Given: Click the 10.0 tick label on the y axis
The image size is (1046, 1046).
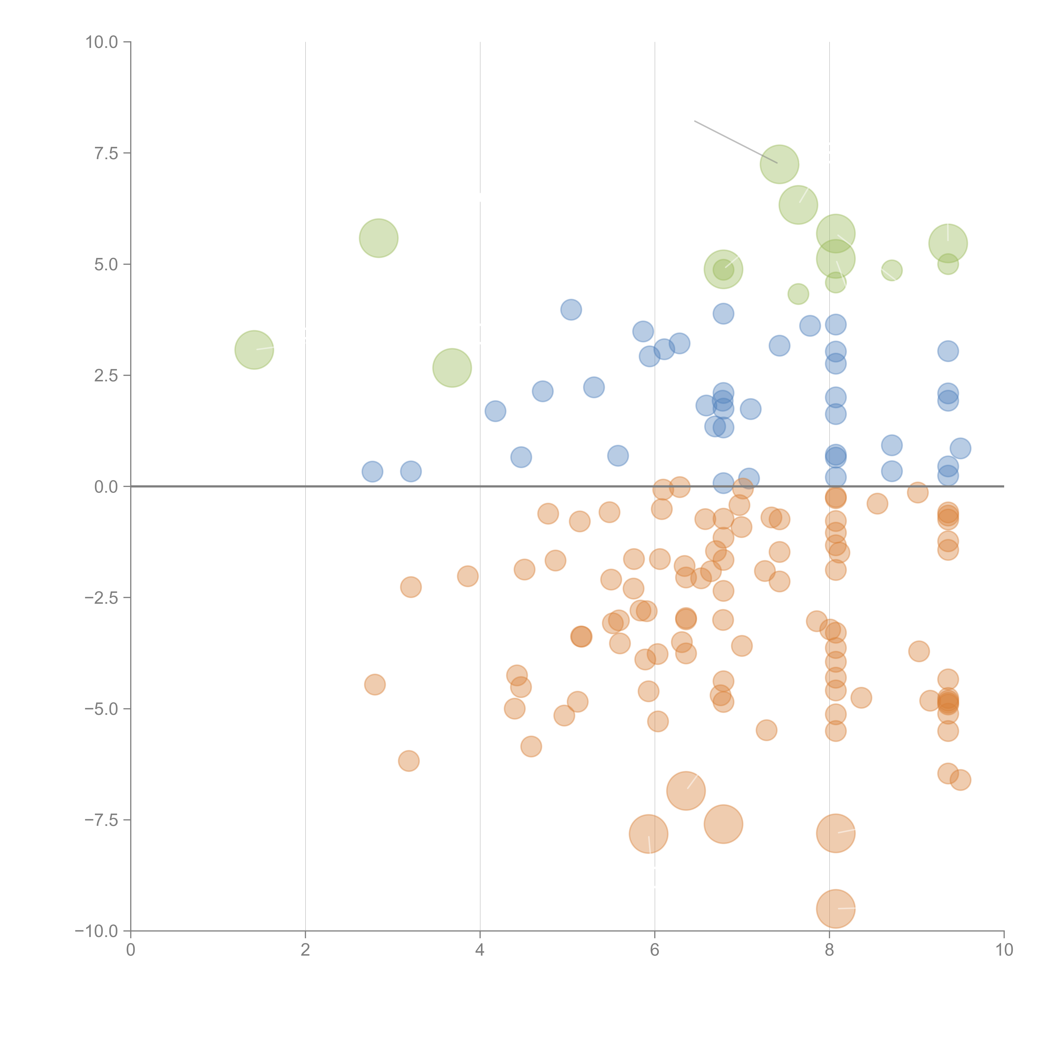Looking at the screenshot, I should tap(102, 42).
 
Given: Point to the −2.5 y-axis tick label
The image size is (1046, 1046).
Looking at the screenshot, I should tap(101, 598).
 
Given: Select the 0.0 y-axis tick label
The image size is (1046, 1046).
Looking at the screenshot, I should tap(106, 487).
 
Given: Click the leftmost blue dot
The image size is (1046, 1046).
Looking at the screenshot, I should tap(372, 472).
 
